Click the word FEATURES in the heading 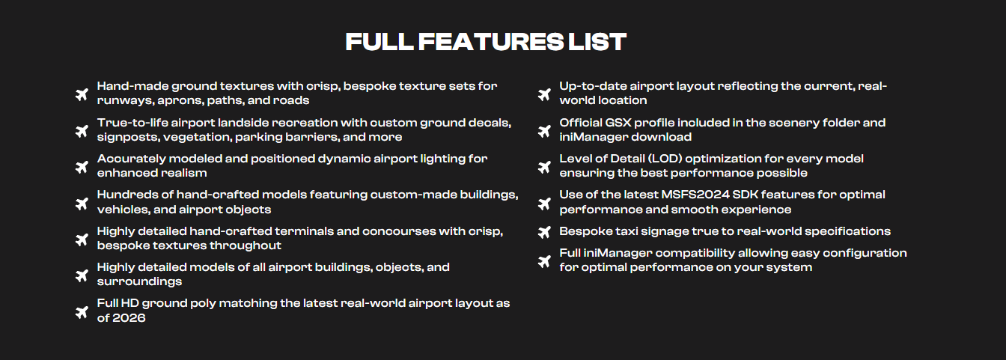click(491, 42)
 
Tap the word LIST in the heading click(597, 42)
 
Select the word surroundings click(139, 281)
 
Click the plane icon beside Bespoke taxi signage click(544, 232)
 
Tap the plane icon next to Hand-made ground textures click(82, 95)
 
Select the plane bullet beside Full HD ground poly click(82, 312)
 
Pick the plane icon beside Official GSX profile click(544, 131)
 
